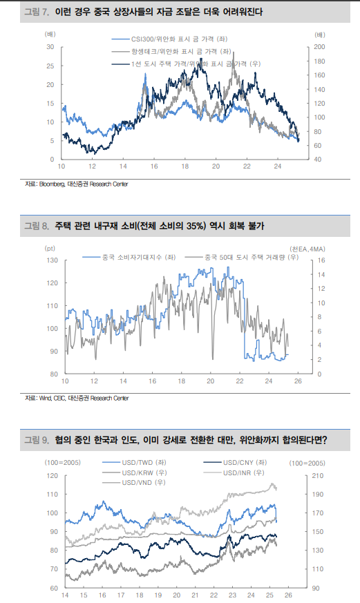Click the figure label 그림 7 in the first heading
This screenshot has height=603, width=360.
[37, 12]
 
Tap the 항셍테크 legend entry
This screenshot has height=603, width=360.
[170, 52]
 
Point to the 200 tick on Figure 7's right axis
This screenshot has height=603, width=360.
[318, 47]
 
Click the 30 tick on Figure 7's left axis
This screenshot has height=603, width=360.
[50, 47]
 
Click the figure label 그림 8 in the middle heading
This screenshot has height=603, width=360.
[37, 226]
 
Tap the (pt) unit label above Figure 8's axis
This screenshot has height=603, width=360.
[50, 247]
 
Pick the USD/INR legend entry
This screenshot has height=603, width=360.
[242, 472]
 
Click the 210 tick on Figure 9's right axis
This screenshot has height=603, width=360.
[318, 476]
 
